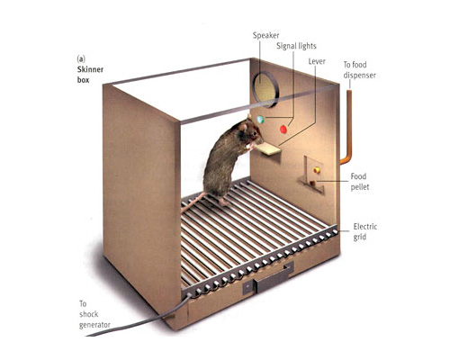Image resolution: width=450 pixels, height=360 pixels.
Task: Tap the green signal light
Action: (260, 120)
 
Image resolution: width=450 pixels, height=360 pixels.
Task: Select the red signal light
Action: (283, 130)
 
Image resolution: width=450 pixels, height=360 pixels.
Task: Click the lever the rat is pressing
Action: (267, 149)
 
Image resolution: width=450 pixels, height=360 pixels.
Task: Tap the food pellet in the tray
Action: (312, 183)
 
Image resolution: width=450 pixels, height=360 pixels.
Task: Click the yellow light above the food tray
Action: (317, 170)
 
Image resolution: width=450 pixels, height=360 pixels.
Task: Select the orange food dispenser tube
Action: (346, 126)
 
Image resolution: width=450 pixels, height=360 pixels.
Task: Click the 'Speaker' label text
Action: (265, 35)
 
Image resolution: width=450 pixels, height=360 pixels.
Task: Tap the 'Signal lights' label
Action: (296, 46)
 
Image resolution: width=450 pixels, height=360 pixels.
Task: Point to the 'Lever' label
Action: (317, 61)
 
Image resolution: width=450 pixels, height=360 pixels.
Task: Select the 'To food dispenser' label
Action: (359, 70)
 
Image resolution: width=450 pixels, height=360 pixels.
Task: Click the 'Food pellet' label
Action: (359, 182)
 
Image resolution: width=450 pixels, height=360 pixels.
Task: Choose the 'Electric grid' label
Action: (364, 231)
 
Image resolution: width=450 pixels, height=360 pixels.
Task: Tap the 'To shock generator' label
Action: (94, 314)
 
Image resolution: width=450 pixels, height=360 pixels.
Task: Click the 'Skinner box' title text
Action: (90, 75)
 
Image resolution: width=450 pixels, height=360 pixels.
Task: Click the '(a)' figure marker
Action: (81, 58)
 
